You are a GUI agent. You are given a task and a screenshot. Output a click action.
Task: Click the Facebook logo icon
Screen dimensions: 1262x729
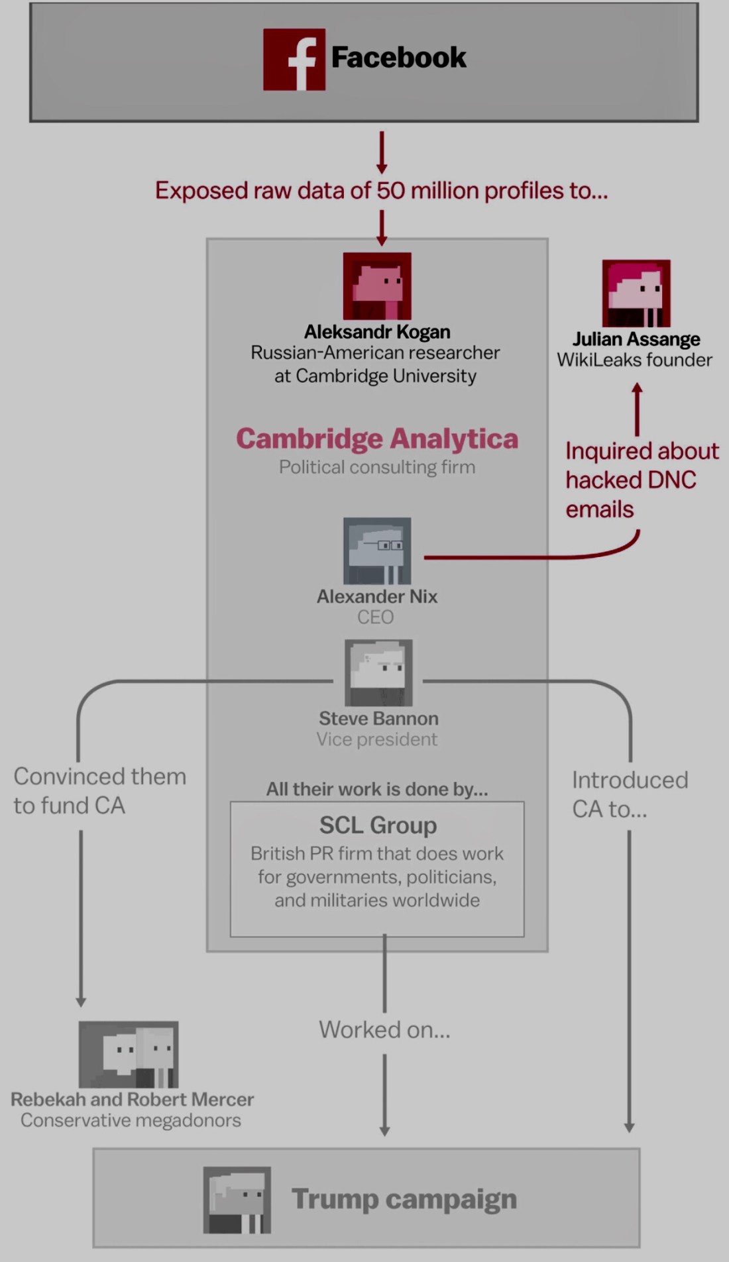294,60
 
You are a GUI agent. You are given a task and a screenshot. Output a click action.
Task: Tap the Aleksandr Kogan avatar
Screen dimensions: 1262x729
377,286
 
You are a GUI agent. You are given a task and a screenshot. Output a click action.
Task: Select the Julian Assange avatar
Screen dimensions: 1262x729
636,293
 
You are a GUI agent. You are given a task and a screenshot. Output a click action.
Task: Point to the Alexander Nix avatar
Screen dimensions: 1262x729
377,551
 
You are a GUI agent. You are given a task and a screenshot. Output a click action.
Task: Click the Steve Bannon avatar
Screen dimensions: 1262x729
378,672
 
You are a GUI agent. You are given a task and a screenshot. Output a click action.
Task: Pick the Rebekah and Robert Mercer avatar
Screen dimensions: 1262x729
129,1054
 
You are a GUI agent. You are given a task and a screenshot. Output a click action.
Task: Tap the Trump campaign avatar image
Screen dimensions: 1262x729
237,1200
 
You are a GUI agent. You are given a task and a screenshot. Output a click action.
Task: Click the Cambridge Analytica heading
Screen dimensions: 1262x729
377,439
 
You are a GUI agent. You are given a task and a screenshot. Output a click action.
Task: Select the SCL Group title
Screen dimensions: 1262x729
378,825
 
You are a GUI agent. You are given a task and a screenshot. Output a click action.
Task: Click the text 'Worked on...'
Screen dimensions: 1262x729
384,1029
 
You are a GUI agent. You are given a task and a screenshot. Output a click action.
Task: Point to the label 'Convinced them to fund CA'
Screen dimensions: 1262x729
99,791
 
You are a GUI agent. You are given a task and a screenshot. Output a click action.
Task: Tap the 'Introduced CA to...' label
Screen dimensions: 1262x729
630,794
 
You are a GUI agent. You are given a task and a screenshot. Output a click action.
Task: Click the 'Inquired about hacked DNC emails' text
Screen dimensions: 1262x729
640,480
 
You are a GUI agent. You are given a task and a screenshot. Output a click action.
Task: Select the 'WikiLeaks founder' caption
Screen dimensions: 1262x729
634,360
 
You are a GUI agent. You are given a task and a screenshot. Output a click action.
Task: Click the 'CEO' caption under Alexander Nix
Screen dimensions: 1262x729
376,617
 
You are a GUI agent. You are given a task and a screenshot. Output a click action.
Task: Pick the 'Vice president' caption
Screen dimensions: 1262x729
377,739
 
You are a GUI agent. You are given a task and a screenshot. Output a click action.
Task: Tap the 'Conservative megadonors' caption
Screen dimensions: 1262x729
131,1120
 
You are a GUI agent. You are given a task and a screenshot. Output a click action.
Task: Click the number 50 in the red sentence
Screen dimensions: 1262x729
390,191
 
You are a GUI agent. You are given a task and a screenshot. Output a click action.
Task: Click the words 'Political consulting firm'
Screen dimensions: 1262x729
377,467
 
